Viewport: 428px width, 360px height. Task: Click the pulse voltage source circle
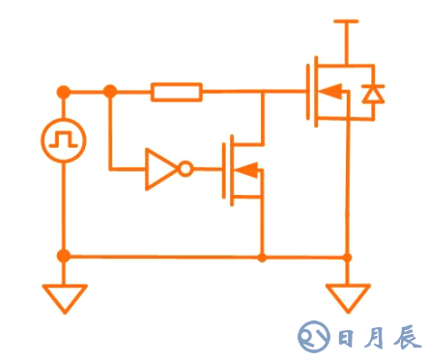pyautogui.click(x=64, y=141)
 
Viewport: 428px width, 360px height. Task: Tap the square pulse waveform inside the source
pyautogui.click(x=64, y=141)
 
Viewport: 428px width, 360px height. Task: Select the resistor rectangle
pyautogui.click(x=177, y=92)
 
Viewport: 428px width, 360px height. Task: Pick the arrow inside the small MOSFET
pyautogui.click(x=247, y=171)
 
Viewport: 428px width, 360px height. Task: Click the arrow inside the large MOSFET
pyautogui.click(x=329, y=93)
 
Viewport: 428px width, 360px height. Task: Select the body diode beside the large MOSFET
pyautogui.click(x=371, y=93)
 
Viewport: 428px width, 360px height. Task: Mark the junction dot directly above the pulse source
pyautogui.click(x=64, y=92)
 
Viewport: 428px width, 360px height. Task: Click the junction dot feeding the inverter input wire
pyautogui.click(x=110, y=92)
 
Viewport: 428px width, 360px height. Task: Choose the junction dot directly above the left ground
pyautogui.click(x=64, y=257)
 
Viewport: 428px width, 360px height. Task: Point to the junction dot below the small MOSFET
pyautogui.click(x=262, y=257)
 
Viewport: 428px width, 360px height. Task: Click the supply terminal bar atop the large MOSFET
pyautogui.click(x=346, y=19)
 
